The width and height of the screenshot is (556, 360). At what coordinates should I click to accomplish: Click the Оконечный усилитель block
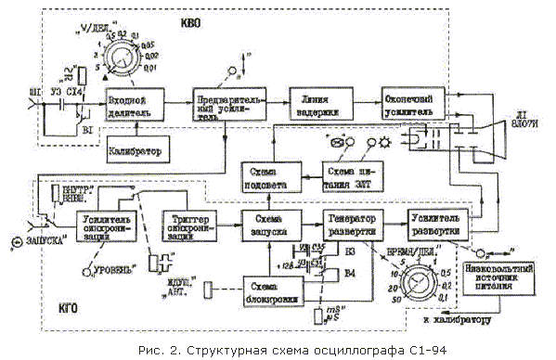(407, 103)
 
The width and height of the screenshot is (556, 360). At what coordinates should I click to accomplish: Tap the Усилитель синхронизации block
(103, 225)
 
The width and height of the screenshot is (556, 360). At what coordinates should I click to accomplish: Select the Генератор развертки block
(353, 225)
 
